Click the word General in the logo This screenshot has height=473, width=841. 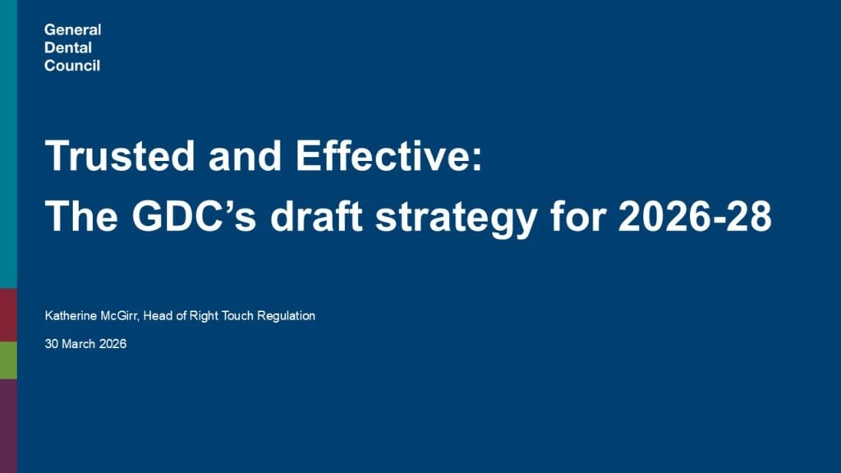[73, 30]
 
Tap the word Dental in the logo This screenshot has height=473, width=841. [68, 48]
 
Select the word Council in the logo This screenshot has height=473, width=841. [72, 66]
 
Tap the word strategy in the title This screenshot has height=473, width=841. [457, 217]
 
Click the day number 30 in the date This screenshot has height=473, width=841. [52, 345]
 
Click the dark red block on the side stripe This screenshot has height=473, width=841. [8, 315]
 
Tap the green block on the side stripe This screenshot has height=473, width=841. [8, 360]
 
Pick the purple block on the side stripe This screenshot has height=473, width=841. [8, 425]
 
